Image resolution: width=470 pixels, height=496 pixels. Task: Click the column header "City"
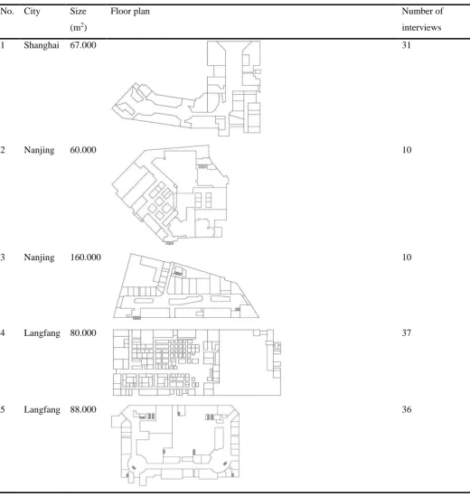click(x=32, y=12)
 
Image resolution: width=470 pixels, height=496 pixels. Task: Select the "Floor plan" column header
click(x=130, y=12)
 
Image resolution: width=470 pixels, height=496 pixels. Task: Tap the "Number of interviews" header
click(x=422, y=19)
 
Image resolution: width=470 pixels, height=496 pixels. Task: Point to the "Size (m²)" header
click(x=78, y=19)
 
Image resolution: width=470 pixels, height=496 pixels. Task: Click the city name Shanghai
click(x=42, y=45)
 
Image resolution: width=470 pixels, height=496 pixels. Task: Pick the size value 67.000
click(x=83, y=45)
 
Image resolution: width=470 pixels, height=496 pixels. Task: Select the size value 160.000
click(x=86, y=257)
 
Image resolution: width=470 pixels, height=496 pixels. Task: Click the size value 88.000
click(x=83, y=409)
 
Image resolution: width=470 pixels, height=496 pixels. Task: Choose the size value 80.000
click(x=83, y=332)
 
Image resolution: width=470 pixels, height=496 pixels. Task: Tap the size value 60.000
click(x=83, y=150)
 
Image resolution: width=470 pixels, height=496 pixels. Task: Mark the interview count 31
click(x=407, y=45)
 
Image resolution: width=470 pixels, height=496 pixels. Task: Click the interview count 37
click(x=407, y=332)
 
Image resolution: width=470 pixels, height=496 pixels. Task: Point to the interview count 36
click(x=407, y=409)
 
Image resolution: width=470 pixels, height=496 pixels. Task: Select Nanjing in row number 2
click(x=39, y=150)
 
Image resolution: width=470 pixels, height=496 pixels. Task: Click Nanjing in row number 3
click(x=39, y=257)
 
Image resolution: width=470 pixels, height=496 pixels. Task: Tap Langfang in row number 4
click(x=42, y=333)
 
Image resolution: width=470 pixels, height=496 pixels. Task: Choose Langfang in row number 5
click(x=42, y=409)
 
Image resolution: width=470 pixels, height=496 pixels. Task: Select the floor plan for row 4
click(x=197, y=362)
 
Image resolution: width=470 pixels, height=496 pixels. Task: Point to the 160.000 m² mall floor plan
click(x=186, y=285)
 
